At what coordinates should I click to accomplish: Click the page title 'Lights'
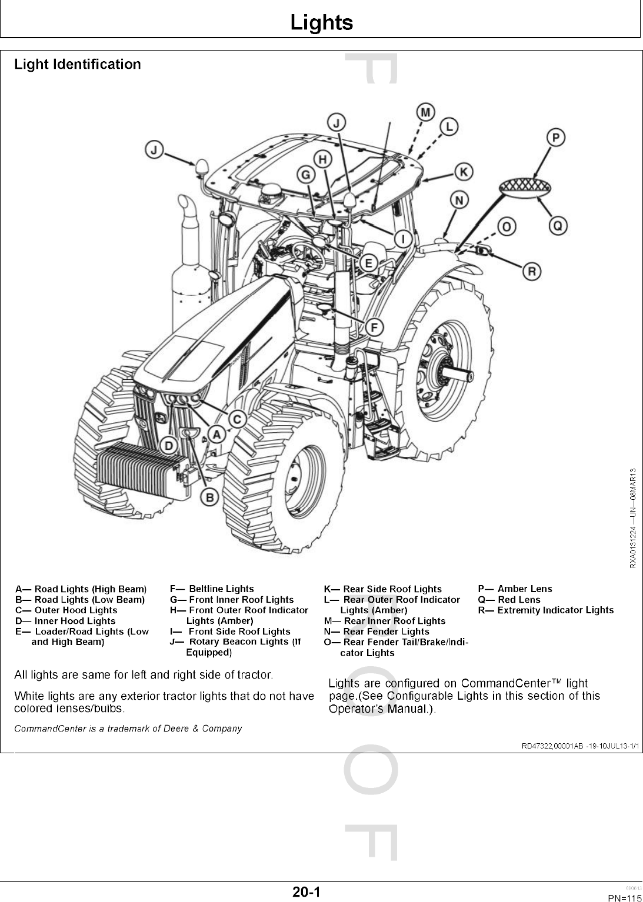pyautogui.click(x=321, y=23)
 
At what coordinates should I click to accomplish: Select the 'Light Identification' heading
pyautogui.click(x=78, y=64)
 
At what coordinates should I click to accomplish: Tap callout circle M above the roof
pyautogui.click(x=425, y=112)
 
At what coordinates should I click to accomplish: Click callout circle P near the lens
pyautogui.click(x=555, y=138)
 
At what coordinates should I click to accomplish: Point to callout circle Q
pyautogui.click(x=557, y=225)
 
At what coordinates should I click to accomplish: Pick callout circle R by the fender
pyautogui.click(x=532, y=271)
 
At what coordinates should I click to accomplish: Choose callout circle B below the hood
pyautogui.click(x=209, y=497)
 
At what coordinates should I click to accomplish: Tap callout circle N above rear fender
pyautogui.click(x=459, y=200)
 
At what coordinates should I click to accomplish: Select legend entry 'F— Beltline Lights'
pyautogui.click(x=212, y=589)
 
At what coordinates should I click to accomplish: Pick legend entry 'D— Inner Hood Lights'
pyautogui.click(x=65, y=621)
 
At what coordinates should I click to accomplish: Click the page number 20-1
pyautogui.click(x=306, y=892)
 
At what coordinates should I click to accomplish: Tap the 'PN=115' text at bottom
pyautogui.click(x=624, y=897)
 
